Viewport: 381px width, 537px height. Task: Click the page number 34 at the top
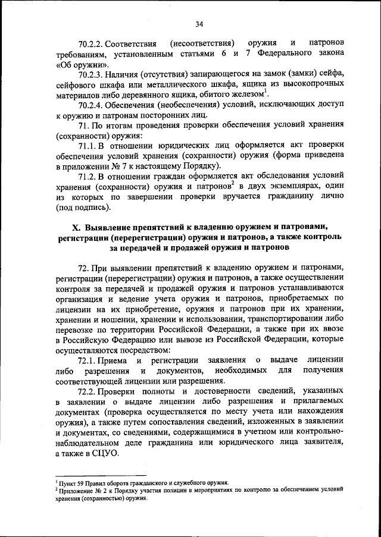coord(199,23)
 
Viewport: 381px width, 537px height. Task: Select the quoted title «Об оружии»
coord(82,64)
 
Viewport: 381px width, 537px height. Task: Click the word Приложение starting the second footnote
coord(70,490)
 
